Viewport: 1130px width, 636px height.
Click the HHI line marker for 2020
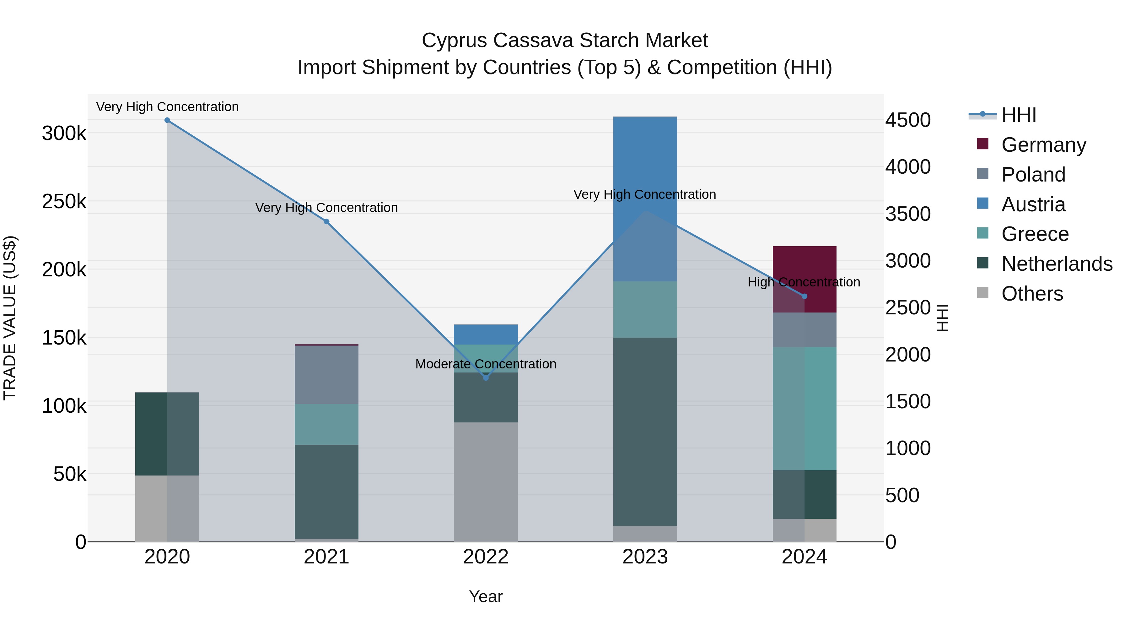click(167, 120)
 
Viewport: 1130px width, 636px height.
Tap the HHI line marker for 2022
click(486, 378)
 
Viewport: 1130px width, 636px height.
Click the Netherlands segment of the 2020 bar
click(167, 434)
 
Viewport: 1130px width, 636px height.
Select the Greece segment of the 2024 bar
click(804, 408)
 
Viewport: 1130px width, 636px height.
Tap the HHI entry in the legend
click(1018, 115)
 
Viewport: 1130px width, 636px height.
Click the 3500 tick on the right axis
click(907, 214)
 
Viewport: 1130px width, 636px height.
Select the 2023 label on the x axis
click(645, 557)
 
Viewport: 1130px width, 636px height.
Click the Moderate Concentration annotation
click(486, 364)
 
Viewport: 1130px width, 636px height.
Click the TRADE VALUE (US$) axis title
click(10, 318)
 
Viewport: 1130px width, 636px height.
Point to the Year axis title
click(486, 596)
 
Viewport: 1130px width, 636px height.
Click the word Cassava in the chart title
click(533, 41)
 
